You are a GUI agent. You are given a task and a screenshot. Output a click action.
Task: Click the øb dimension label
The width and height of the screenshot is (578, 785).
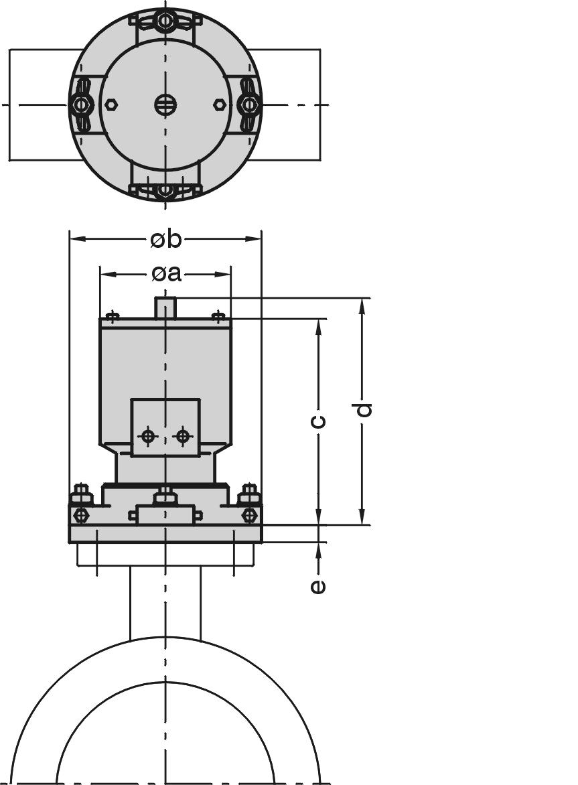[165, 240]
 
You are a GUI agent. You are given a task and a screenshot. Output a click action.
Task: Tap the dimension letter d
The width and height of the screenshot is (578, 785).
[364, 409]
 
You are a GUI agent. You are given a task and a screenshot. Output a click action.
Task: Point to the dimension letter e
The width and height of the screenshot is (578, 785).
[317, 586]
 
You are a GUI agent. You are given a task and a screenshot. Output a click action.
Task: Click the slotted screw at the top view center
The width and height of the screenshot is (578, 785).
[165, 104]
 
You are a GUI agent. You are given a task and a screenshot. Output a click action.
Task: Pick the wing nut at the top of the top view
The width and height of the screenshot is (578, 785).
[165, 21]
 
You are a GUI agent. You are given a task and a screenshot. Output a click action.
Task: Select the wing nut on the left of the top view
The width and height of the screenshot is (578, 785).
[80, 104]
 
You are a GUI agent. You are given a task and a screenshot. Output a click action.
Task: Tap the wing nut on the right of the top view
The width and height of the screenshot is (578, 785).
[248, 104]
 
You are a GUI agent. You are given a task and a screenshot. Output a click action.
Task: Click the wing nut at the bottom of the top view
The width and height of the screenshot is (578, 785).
[165, 190]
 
